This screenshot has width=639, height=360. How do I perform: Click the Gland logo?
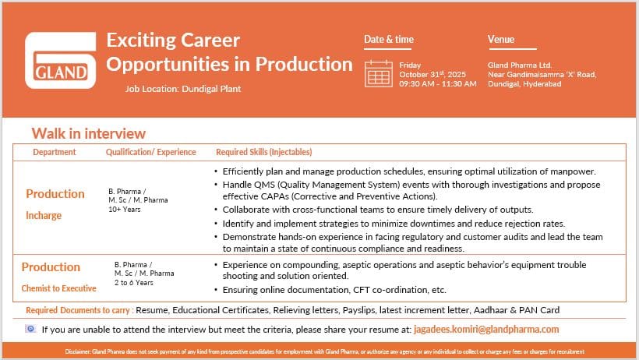(x=61, y=62)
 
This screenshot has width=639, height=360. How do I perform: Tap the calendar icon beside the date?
(x=379, y=72)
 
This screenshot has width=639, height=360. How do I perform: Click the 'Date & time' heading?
(x=389, y=40)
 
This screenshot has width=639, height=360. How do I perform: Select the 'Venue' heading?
(x=501, y=40)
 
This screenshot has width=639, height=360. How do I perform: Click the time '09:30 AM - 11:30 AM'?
(x=437, y=83)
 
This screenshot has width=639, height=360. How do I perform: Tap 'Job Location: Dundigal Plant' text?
(x=183, y=89)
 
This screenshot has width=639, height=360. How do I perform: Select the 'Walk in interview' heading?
(x=88, y=134)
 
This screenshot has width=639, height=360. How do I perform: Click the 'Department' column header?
(x=55, y=152)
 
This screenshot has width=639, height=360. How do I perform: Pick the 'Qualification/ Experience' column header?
(x=151, y=152)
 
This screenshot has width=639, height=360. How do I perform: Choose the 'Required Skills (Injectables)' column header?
(x=264, y=152)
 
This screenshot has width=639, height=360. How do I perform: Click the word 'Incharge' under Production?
(x=44, y=216)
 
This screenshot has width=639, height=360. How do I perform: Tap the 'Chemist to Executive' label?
(x=59, y=288)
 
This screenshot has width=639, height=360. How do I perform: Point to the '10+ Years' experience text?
(x=125, y=210)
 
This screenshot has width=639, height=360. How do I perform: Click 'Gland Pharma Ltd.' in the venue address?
(x=520, y=65)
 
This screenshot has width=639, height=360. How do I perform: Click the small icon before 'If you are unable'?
(x=30, y=329)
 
